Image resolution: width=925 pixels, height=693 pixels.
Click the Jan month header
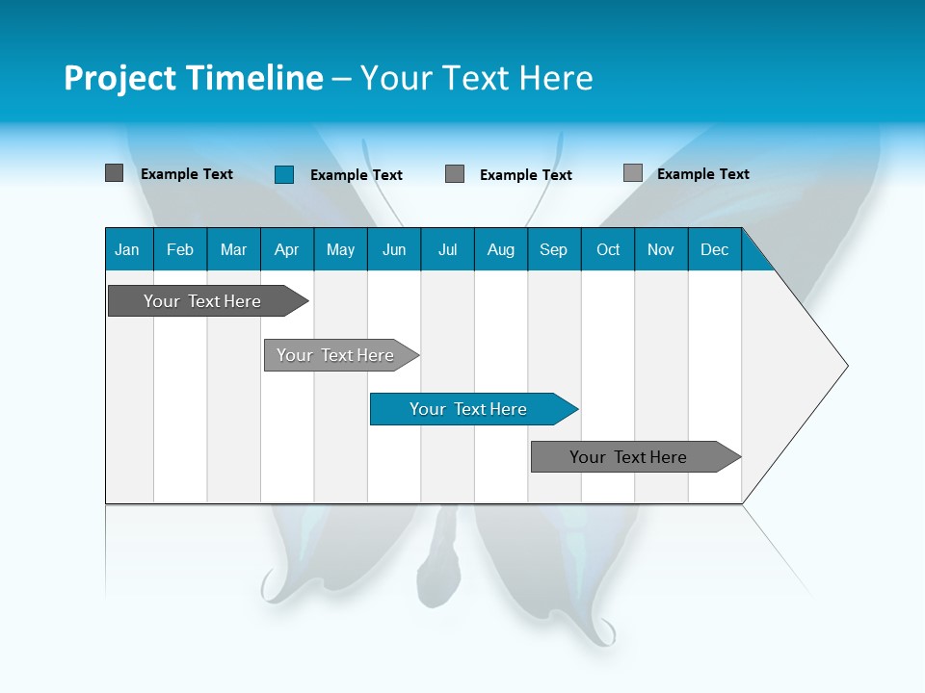click(x=127, y=249)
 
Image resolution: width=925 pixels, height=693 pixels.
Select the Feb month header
click(x=180, y=249)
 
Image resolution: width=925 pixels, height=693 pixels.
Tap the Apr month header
click(x=287, y=249)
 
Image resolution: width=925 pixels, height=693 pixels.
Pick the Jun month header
click(x=394, y=249)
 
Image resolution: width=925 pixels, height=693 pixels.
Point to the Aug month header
click(x=501, y=249)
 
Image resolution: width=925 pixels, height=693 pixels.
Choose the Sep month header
click(x=554, y=249)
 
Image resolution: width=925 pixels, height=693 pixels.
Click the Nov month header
click(x=661, y=249)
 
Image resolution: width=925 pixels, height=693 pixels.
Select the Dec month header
click(x=715, y=249)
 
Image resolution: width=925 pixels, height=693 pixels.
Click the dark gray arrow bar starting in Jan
click(x=203, y=301)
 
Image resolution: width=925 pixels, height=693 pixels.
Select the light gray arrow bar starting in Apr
click(x=336, y=355)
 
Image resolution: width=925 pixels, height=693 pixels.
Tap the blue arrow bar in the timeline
click(x=469, y=409)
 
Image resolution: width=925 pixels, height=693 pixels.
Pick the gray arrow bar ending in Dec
click(x=629, y=457)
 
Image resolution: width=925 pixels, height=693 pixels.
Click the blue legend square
click(x=284, y=174)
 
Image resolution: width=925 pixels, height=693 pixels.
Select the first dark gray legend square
click(x=115, y=173)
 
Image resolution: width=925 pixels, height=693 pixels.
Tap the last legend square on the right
click(x=633, y=173)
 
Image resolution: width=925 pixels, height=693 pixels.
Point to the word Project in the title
click(x=120, y=78)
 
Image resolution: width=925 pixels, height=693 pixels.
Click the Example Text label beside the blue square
click(x=357, y=175)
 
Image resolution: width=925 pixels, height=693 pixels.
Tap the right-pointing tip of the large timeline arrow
click(x=844, y=365)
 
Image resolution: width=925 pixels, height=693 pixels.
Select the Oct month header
click(x=608, y=249)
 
